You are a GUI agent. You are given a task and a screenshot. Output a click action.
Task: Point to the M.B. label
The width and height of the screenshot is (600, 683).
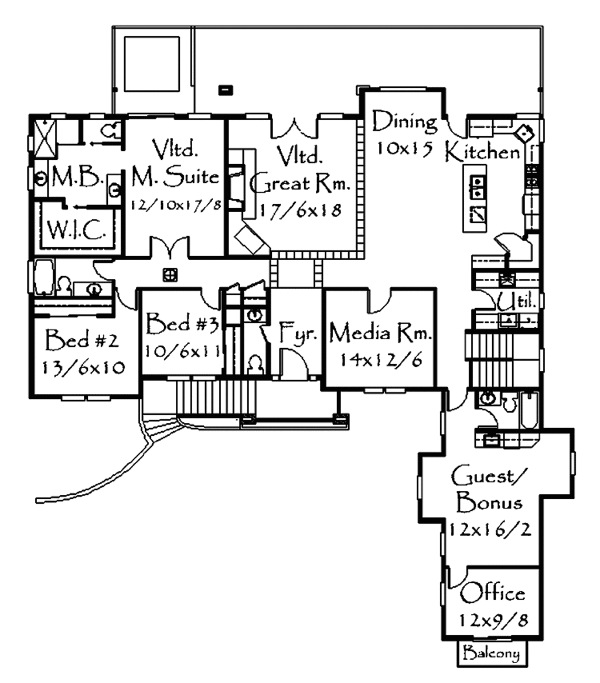pyautogui.click(x=78, y=178)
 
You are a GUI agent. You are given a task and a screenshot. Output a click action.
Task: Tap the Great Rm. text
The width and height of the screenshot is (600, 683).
pyautogui.click(x=300, y=185)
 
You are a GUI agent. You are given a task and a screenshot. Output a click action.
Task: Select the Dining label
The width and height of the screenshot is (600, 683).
pyautogui.click(x=405, y=122)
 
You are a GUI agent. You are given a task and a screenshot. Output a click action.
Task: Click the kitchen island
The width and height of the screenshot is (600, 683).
pyautogui.click(x=475, y=198)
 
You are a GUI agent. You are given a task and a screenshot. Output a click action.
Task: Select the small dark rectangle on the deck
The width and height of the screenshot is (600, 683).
pyautogui.click(x=226, y=90)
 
